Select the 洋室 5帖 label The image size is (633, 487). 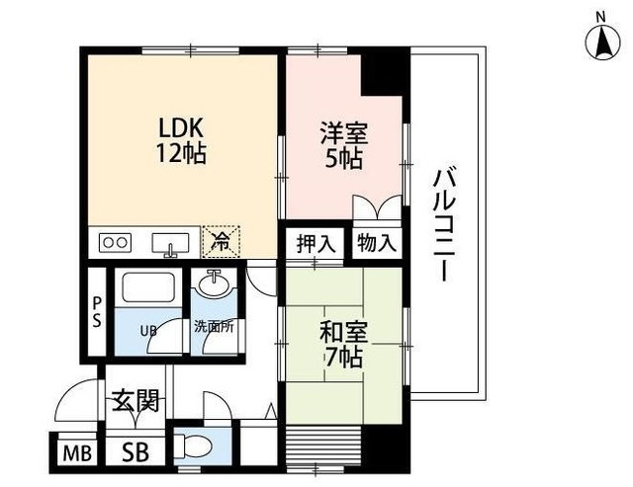[340, 144]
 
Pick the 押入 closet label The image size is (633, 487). [315, 243]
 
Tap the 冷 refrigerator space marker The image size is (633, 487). [222, 240]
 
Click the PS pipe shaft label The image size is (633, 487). [97, 312]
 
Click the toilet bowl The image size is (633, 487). [193, 446]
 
